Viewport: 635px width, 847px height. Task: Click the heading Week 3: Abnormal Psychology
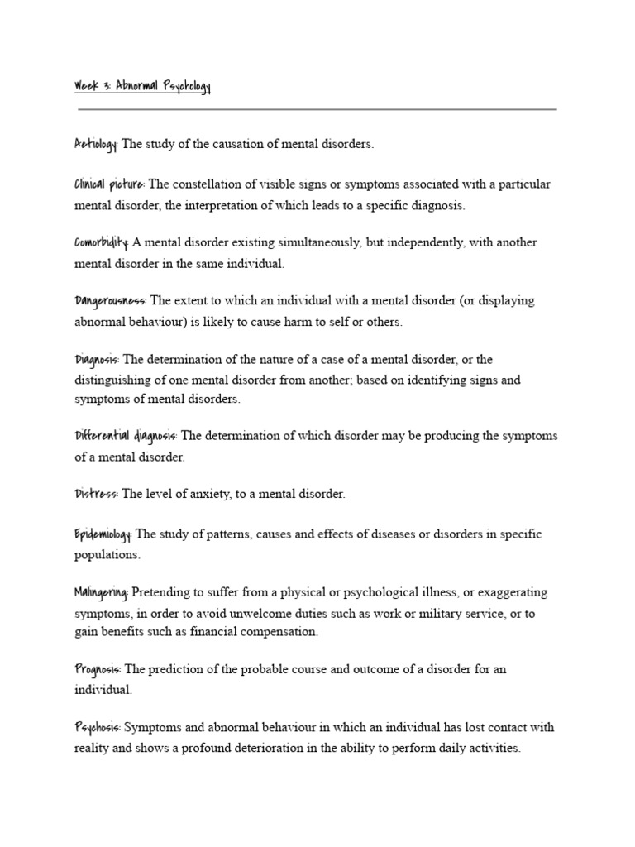coord(142,87)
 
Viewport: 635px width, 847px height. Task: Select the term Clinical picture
coord(109,184)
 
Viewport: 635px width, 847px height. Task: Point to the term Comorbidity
coord(101,242)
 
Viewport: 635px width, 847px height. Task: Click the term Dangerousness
coord(110,300)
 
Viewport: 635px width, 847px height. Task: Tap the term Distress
coord(96,494)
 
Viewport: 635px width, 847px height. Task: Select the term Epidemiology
coord(103,534)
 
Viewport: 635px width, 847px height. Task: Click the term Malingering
coord(101,592)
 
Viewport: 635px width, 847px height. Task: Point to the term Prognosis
coord(98,669)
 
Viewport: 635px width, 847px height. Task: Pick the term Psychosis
coord(98,728)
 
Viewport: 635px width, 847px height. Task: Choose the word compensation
coord(278,632)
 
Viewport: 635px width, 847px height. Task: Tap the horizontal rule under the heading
coord(317,109)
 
